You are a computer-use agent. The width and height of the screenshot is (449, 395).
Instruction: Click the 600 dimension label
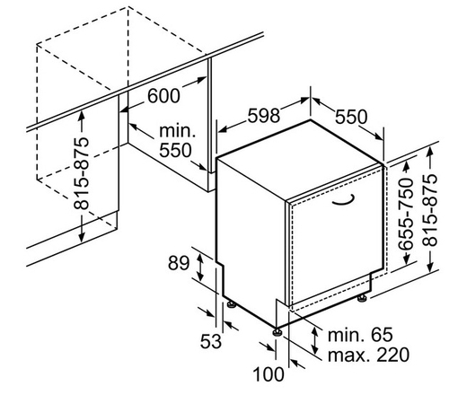click(x=163, y=96)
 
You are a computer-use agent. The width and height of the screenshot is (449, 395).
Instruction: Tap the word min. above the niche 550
click(x=177, y=131)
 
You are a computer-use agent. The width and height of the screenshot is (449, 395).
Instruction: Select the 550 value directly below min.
click(x=175, y=150)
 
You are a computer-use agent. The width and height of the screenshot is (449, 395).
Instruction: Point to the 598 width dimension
click(x=263, y=116)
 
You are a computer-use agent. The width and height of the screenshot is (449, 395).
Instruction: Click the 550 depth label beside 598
click(x=351, y=117)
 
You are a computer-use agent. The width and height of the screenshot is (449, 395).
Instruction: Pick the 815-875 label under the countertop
click(x=82, y=173)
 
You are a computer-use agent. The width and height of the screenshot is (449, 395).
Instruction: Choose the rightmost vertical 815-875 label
click(x=430, y=210)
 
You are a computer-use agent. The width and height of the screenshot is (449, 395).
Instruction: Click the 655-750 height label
click(x=406, y=214)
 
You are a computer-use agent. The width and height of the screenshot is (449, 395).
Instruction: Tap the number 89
click(x=179, y=263)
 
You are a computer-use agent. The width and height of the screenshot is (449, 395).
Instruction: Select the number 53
click(x=211, y=341)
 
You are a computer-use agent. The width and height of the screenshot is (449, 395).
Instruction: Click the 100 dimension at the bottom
click(x=269, y=374)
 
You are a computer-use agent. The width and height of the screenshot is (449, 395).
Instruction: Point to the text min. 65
click(x=360, y=335)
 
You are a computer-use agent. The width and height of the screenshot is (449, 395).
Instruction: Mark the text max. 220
click(x=368, y=355)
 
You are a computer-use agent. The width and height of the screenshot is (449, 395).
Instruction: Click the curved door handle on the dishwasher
click(x=344, y=200)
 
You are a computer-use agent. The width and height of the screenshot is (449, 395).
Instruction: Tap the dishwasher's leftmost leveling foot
click(x=232, y=304)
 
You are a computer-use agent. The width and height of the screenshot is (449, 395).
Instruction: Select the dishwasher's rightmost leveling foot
click(x=362, y=298)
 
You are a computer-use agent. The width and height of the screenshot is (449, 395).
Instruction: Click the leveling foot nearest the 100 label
click(x=277, y=332)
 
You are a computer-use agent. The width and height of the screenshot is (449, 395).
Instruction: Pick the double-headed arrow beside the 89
click(x=200, y=267)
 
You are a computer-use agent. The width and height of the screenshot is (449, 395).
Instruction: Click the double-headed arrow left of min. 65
click(x=314, y=340)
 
